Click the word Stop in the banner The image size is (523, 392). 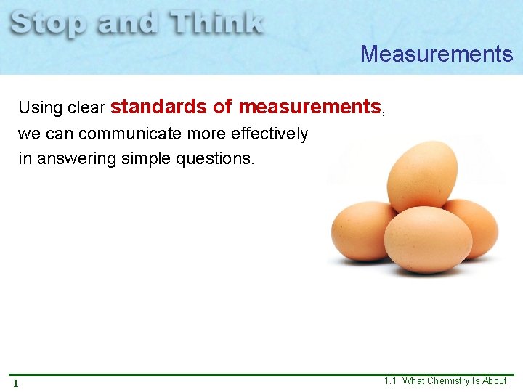click(49, 23)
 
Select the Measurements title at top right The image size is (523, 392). click(437, 54)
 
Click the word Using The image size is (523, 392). click(41, 108)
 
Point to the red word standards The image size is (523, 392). click(158, 107)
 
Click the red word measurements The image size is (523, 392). click(309, 107)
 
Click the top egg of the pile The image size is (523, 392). click(422, 175)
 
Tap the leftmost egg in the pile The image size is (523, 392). click(362, 231)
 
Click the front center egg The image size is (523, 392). click(427, 240)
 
